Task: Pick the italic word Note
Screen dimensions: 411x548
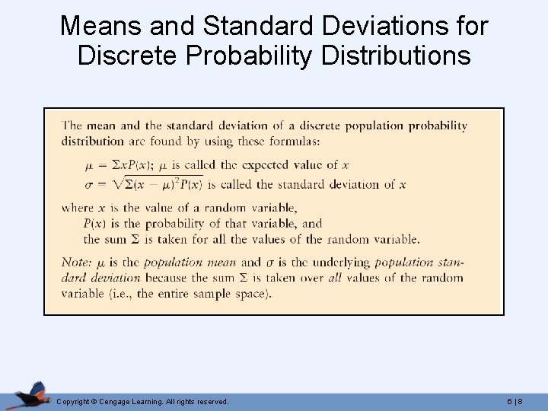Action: pos(76,262)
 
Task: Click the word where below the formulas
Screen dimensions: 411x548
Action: pos(78,208)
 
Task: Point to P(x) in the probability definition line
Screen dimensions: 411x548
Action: pos(94,224)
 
